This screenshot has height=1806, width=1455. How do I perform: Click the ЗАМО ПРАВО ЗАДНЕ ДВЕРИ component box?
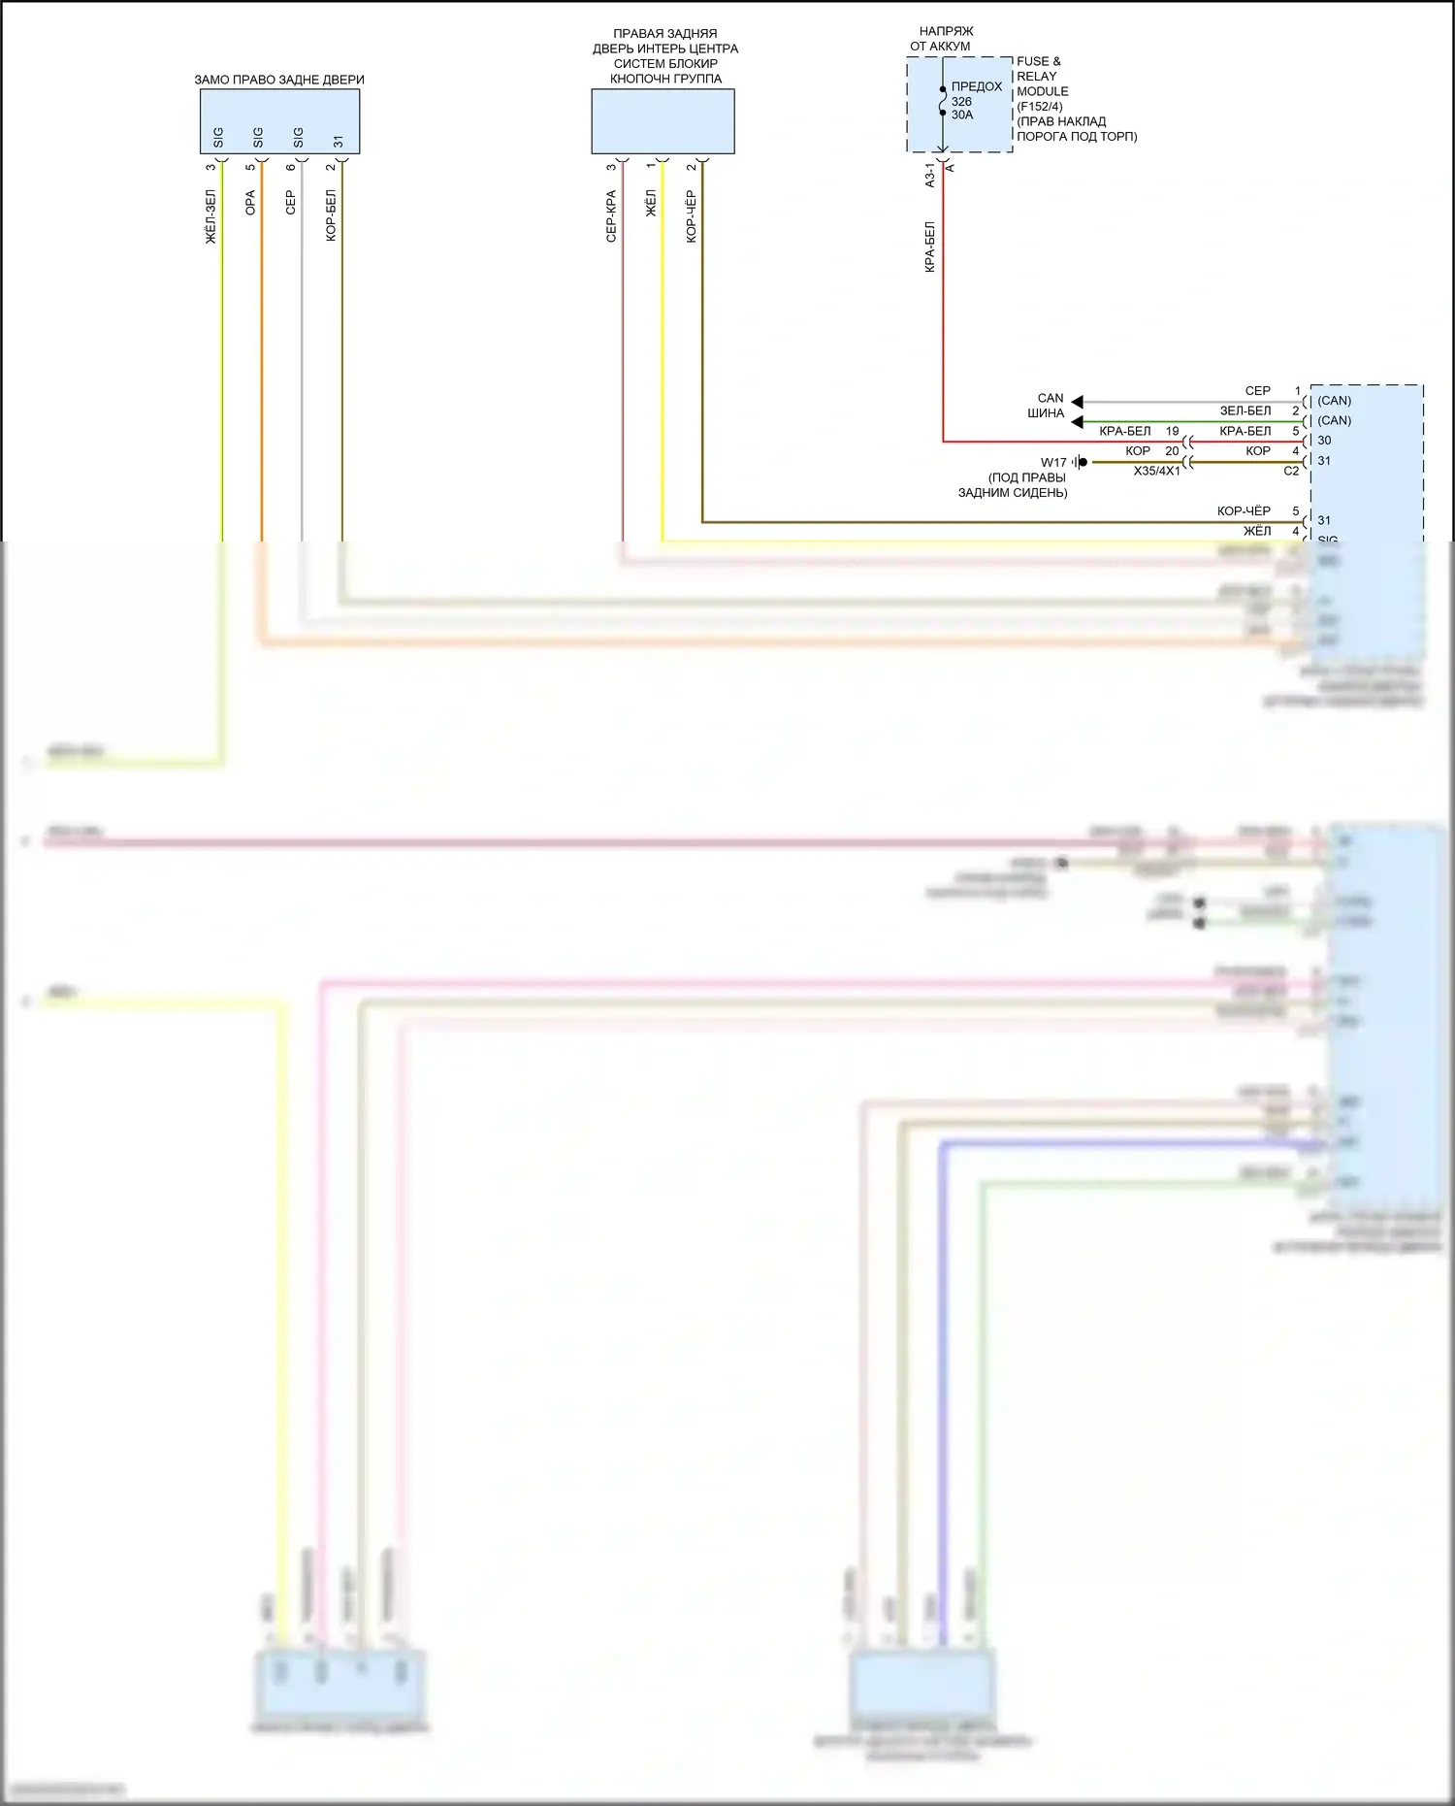[x=279, y=120]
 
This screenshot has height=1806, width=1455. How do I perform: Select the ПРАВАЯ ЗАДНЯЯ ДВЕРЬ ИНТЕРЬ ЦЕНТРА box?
[x=663, y=120]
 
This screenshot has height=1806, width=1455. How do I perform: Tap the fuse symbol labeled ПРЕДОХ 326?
[x=943, y=101]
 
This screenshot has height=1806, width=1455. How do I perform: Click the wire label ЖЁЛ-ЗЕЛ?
[x=211, y=216]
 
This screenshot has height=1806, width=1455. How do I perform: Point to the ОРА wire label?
[x=251, y=203]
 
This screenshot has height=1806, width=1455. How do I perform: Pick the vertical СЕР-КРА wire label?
[x=611, y=216]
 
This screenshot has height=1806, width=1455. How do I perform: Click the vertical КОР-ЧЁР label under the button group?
[x=692, y=216]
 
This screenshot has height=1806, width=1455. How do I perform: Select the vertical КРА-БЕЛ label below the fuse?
[x=930, y=246]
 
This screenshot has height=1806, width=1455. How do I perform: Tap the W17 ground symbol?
[x=1080, y=462]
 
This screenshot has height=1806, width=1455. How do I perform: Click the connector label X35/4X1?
[x=1156, y=471]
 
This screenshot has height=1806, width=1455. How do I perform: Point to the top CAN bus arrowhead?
[x=1077, y=402]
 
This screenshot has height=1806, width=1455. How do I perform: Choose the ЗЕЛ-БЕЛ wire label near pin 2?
[x=1245, y=410]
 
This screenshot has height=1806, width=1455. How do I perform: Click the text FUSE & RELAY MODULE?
[x=1039, y=76]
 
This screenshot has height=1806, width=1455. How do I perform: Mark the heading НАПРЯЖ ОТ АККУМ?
[x=941, y=39]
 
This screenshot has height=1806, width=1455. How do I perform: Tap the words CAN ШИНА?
[x=1048, y=406]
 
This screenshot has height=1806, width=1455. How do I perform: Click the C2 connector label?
[x=1291, y=471]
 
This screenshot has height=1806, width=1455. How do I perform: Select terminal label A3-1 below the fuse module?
[x=930, y=175]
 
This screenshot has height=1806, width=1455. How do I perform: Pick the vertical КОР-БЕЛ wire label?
[x=332, y=215]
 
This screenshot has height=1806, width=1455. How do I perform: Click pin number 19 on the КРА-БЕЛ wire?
[x=1172, y=431]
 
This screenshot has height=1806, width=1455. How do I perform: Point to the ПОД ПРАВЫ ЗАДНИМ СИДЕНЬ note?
[x=1014, y=485]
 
